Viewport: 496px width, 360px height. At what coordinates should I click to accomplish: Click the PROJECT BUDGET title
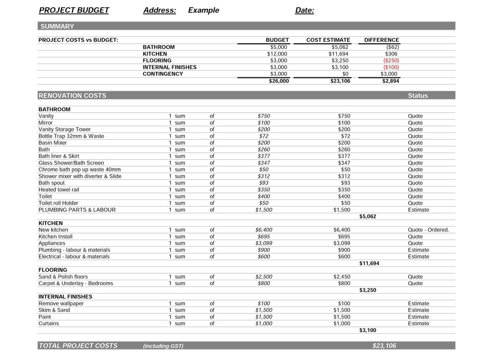pyautogui.click(x=74, y=10)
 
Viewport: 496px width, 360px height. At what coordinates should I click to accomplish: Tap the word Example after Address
pyautogui.click(x=203, y=10)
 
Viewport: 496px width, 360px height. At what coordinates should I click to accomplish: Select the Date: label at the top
pyautogui.click(x=305, y=10)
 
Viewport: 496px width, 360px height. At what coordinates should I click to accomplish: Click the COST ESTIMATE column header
pyautogui.click(x=328, y=40)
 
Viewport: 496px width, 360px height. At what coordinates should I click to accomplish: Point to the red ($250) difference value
pyautogui.click(x=391, y=60)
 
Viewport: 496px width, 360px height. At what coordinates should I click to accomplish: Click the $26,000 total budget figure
pyautogui.click(x=279, y=81)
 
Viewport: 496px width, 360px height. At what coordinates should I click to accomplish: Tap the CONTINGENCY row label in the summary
pyautogui.click(x=163, y=74)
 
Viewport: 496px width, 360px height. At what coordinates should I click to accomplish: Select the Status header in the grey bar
pyautogui.click(x=418, y=96)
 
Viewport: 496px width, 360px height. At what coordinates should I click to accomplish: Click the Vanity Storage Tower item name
pyautogui.click(x=64, y=129)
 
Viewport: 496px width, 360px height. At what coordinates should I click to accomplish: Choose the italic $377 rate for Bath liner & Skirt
pyautogui.click(x=264, y=156)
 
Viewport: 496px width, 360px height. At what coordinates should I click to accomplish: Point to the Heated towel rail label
pyautogui.click(x=59, y=190)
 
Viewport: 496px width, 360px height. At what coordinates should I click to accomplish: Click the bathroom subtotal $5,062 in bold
pyautogui.click(x=368, y=217)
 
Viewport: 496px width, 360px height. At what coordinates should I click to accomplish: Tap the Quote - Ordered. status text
pyautogui.click(x=429, y=230)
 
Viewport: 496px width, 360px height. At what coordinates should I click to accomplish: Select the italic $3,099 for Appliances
pyautogui.click(x=264, y=243)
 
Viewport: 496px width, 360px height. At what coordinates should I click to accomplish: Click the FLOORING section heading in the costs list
pyautogui.click(x=53, y=270)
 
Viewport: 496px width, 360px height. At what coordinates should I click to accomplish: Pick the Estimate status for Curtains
pyautogui.click(x=419, y=324)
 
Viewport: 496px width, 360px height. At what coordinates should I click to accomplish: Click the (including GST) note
pyautogui.click(x=163, y=346)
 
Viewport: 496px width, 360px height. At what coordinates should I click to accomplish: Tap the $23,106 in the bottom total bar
pyautogui.click(x=384, y=346)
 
